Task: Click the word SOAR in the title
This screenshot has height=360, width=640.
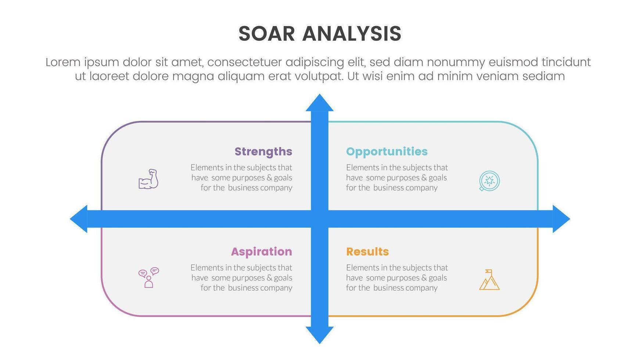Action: pyautogui.click(x=267, y=34)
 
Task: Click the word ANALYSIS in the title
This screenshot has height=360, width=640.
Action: pyautogui.click(x=352, y=34)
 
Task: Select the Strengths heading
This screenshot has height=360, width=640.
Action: pyautogui.click(x=263, y=151)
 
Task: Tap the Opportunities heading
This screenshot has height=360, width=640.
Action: pyautogui.click(x=387, y=151)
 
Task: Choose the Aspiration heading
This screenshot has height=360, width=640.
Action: pyautogui.click(x=262, y=252)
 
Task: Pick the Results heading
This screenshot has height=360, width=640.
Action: pyautogui.click(x=367, y=252)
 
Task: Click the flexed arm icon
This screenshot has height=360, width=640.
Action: pyautogui.click(x=148, y=179)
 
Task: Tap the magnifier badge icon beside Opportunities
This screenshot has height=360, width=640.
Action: pyautogui.click(x=489, y=181)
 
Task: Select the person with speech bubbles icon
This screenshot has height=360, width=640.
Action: pyautogui.click(x=148, y=278)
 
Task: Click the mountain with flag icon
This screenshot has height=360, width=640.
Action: pyautogui.click(x=489, y=280)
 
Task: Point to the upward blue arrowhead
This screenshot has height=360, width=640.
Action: pyautogui.click(x=320, y=102)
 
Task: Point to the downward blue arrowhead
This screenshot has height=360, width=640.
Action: pyautogui.click(x=320, y=335)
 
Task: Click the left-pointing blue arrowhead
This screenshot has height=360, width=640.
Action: pyautogui.click(x=79, y=219)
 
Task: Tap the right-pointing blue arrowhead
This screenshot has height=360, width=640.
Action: pyautogui.click(x=561, y=219)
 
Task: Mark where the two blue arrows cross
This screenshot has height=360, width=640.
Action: pyautogui.click(x=320, y=219)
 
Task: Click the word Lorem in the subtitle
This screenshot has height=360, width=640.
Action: pyautogui.click(x=63, y=62)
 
